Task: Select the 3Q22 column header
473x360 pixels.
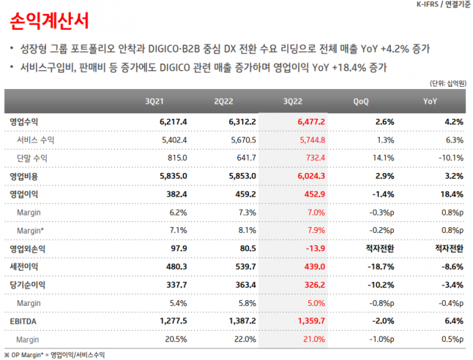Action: [x=294, y=101]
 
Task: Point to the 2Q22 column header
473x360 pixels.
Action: [x=223, y=101]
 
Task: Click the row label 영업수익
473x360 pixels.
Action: [x=24, y=122]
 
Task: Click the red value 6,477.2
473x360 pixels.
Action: [x=311, y=122]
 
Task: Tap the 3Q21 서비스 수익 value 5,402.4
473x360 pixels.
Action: [x=173, y=140]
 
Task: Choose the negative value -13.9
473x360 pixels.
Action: [x=315, y=248]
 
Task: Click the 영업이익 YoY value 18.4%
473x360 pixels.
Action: [x=451, y=194]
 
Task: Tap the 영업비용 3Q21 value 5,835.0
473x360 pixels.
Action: [x=173, y=176]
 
